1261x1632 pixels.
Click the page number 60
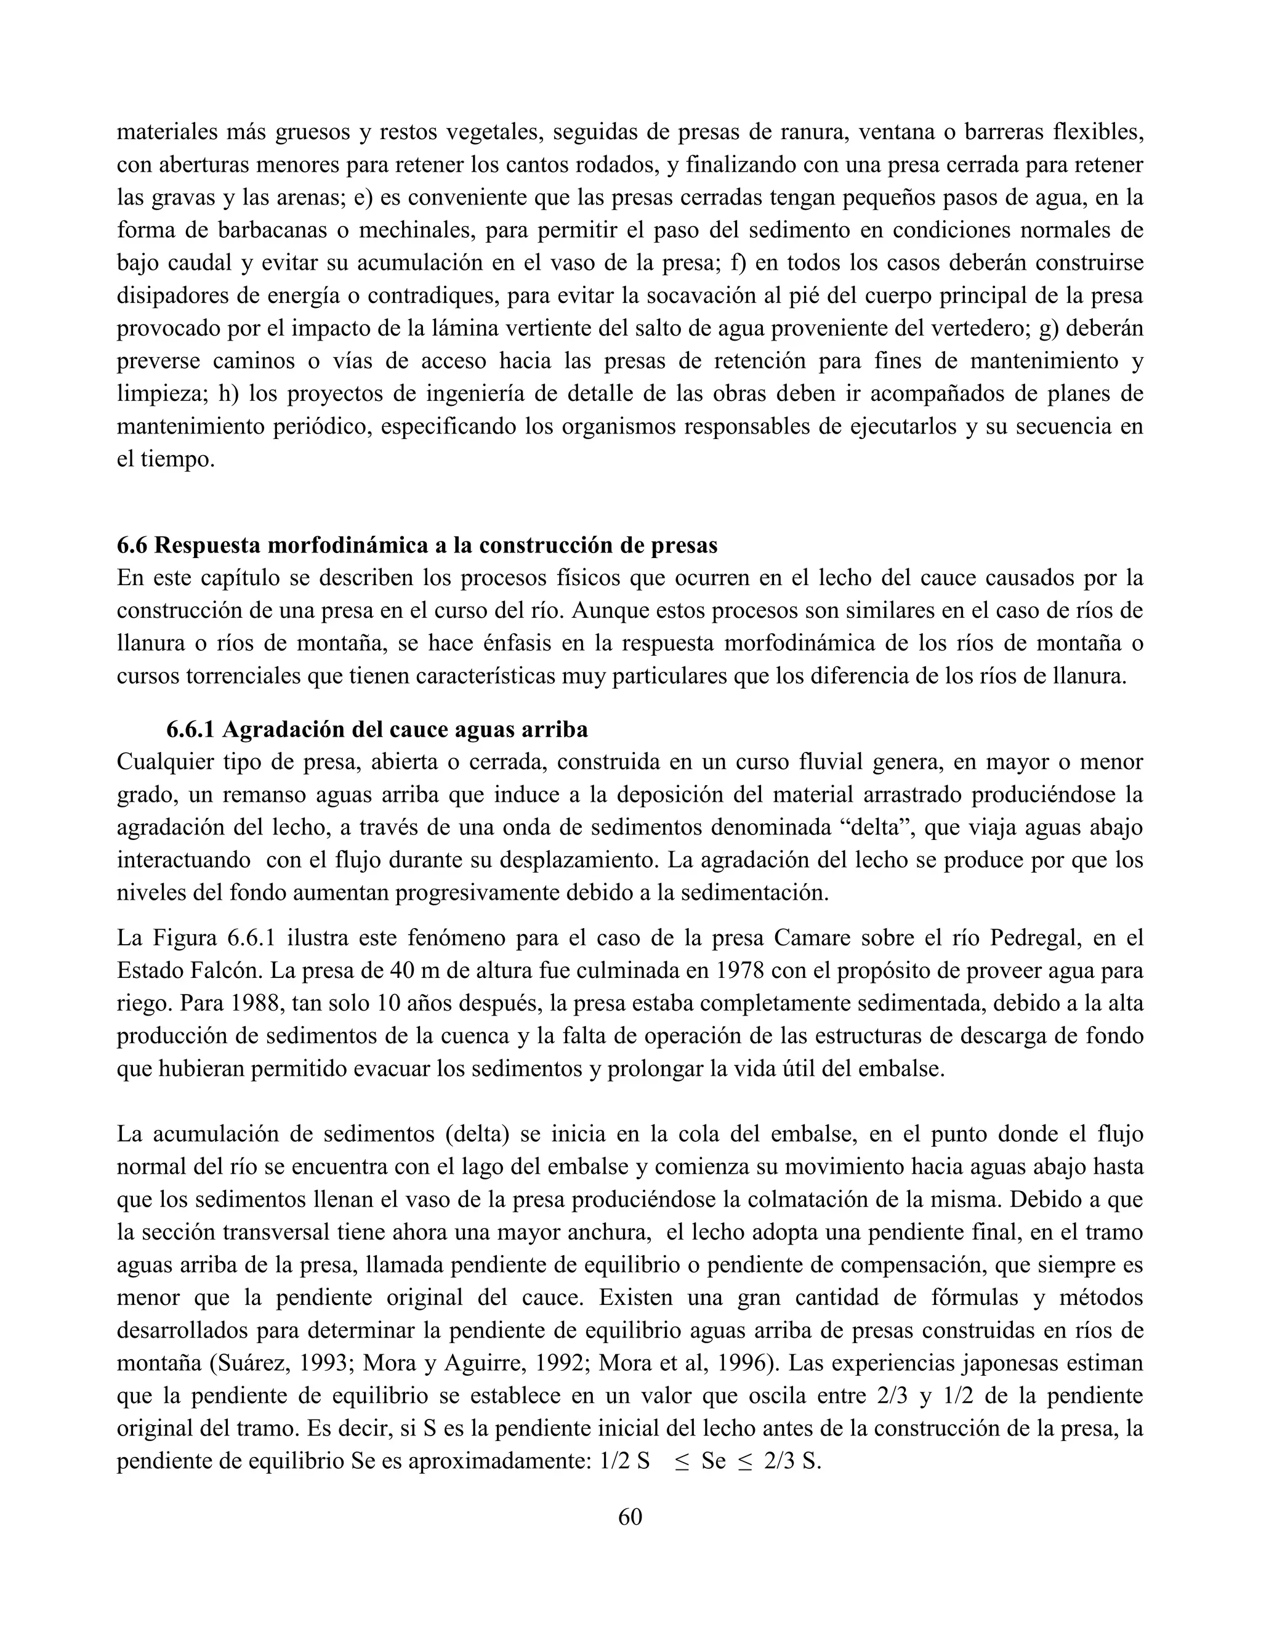(x=630, y=1516)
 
